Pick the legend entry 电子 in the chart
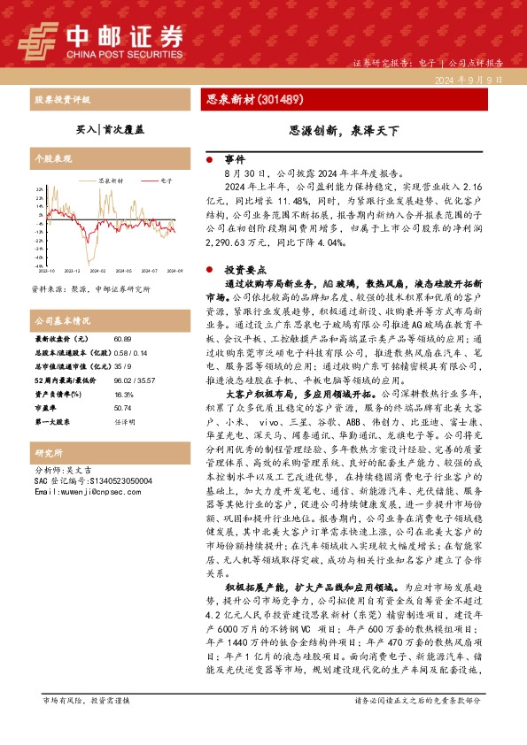167,179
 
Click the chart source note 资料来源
91,288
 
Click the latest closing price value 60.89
122,339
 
